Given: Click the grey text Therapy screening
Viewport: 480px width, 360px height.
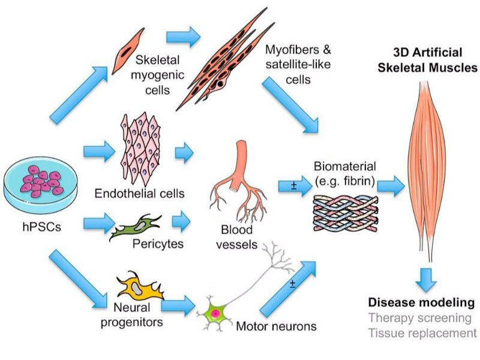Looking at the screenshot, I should point(419,317).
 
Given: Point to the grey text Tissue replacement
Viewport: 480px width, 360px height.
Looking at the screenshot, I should point(422,332).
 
